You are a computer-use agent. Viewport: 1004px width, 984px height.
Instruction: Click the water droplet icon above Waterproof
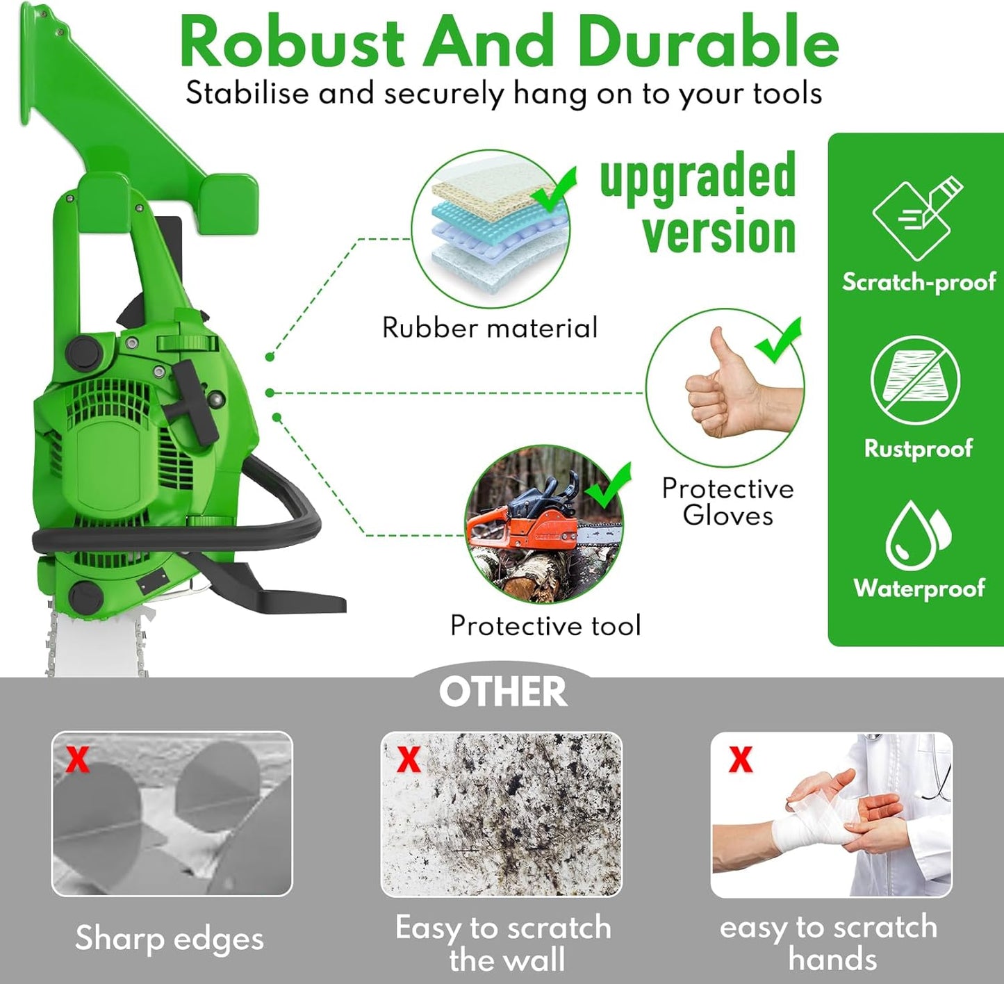tap(918, 535)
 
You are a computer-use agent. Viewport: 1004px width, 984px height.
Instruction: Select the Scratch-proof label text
tap(919, 282)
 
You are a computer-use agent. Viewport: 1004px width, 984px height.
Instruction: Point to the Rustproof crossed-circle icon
tap(915, 380)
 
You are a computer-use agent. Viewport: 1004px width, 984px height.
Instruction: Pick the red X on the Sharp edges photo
tap(78, 759)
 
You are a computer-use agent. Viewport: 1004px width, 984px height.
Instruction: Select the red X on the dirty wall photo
tap(409, 759)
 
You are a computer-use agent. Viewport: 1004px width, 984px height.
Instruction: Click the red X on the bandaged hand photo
tap(741, 759)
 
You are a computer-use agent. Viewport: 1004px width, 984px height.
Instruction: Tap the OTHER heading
tap(503, 692)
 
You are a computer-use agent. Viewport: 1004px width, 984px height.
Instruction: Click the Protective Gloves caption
tap(727, 502)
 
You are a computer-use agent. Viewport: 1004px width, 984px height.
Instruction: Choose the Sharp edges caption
tap(170, 938)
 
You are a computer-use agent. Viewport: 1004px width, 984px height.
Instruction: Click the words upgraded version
tap(698, 204)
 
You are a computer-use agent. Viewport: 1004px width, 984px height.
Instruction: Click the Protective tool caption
tap(545, 625)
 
